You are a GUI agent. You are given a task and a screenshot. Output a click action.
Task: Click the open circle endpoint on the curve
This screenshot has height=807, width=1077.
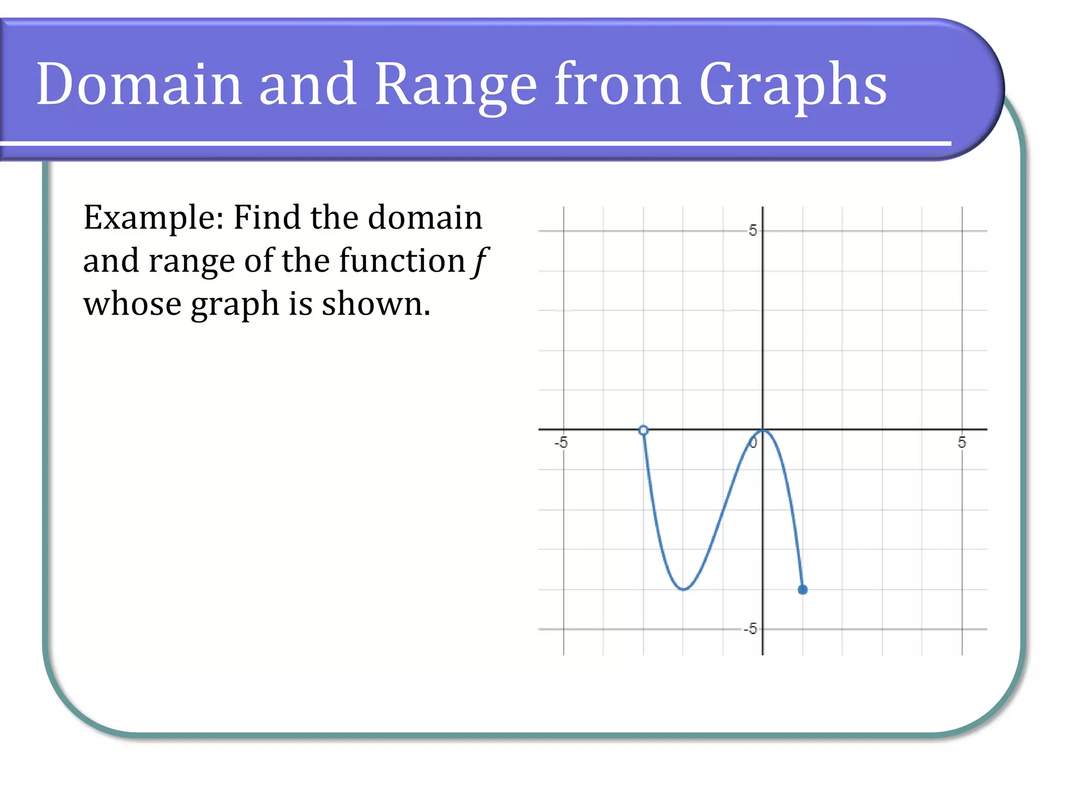click(x=643, y=430)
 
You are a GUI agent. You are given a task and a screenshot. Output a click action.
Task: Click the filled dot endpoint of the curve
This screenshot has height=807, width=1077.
click(x=802, y=589)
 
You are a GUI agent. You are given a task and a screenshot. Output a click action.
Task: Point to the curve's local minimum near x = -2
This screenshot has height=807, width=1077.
click(x=683, y=589)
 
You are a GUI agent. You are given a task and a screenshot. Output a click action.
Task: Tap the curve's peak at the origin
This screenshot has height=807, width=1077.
click(x=763, y=431)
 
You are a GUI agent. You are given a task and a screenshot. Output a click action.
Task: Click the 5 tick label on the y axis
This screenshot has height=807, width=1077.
click(x=753, y=231)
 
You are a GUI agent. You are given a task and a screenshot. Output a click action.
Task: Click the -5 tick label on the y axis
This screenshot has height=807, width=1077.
click(x=750, y=628)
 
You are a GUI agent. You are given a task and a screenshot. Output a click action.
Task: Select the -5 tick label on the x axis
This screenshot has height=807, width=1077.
click(x=561, y=442)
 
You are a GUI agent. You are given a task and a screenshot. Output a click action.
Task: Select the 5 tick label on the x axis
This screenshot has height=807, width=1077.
click(x=962, y=442)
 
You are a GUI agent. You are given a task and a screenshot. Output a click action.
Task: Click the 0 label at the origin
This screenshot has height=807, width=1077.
click(x=754, y=443)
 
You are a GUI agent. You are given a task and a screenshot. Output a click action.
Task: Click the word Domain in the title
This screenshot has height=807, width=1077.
click(x=139, y=84)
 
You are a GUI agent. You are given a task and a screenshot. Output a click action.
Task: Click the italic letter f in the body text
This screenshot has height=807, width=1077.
click(x=480, y=261)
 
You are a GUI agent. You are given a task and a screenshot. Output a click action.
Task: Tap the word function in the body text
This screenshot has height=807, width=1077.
click(x=402, y=261)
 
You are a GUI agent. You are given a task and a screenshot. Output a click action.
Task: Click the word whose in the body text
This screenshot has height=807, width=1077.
click(x=132, y=304)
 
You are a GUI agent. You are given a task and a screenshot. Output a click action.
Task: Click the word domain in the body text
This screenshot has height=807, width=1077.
click(x=424, y=217)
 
